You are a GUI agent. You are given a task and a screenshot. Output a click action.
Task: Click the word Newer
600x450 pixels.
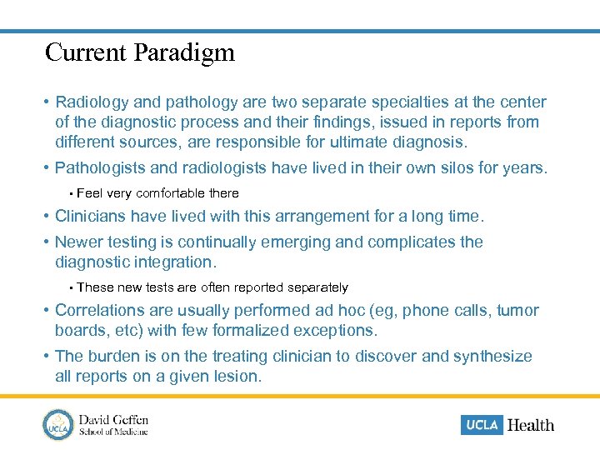click(79, 242)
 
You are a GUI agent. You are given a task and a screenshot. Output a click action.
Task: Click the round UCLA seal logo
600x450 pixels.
click(58, 424)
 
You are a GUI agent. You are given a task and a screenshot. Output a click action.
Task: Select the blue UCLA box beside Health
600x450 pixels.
click(482, 425)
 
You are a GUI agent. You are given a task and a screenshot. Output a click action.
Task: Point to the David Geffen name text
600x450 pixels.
click(113, 419)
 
